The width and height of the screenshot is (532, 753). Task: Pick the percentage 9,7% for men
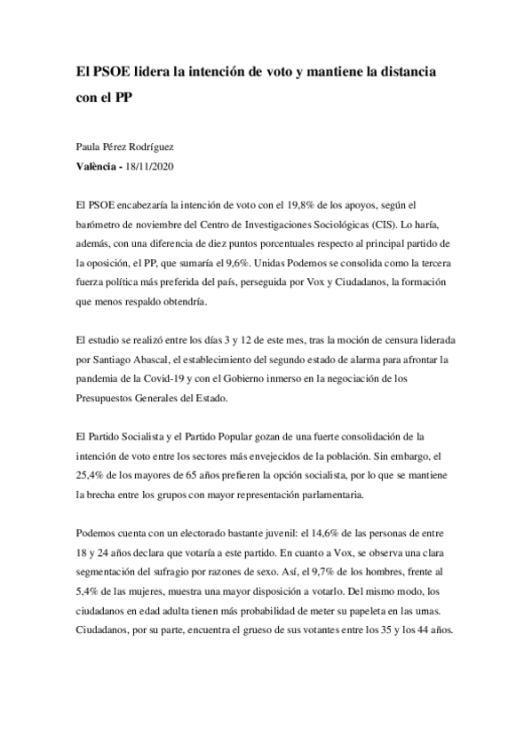[x=322, y=574]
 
